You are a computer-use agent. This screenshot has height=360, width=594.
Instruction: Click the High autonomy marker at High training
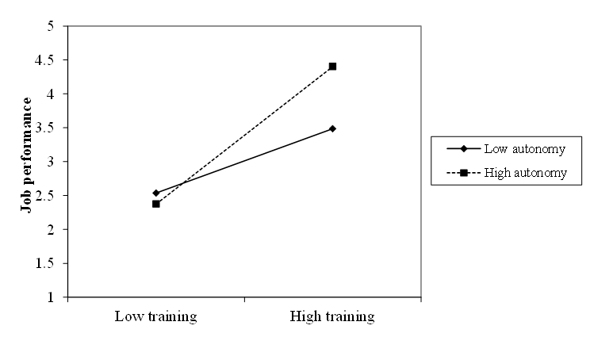332,66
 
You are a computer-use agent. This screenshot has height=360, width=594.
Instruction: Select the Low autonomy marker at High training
332,128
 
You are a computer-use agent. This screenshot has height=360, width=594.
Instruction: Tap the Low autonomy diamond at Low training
156,193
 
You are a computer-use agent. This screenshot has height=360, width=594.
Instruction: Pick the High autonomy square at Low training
156,204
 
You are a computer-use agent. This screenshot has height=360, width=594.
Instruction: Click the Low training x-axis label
156,317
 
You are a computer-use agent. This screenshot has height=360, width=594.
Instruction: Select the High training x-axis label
332,317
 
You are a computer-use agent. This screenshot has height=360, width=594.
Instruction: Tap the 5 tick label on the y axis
51,26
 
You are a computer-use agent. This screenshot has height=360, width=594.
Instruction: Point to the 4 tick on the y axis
51,94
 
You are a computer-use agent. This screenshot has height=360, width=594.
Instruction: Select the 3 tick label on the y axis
51,162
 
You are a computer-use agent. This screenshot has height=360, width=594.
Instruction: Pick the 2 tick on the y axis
51,230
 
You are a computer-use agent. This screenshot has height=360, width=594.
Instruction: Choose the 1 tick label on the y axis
51,297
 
